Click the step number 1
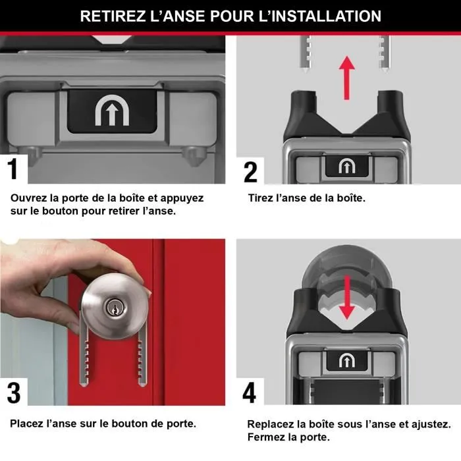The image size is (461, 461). click(13, 168)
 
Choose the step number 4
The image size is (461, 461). click(250, 393)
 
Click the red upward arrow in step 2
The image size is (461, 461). click(346, 76)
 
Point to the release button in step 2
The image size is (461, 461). click(346, 167)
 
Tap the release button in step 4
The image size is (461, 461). click(346, 361)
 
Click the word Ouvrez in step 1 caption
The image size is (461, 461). click(30, 198)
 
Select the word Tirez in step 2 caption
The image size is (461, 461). click(261, 198)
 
